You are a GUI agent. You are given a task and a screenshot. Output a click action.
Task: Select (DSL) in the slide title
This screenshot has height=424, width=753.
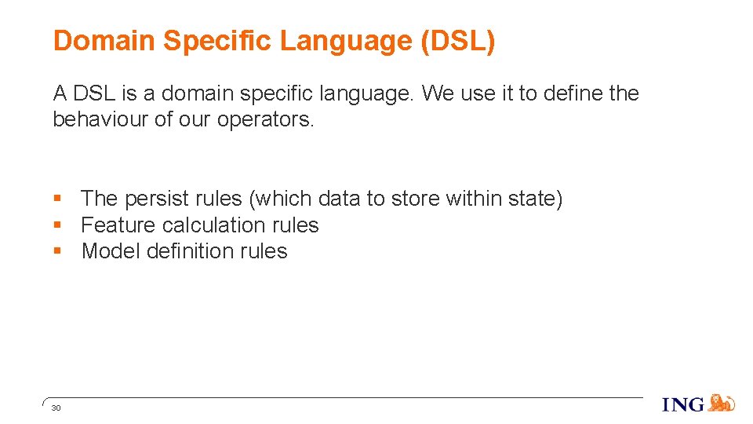tap(458, 41)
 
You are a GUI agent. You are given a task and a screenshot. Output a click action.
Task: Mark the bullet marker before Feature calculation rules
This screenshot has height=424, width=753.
tap(57, 225)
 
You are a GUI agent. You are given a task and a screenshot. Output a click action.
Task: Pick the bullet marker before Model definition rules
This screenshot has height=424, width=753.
tap(57, 251)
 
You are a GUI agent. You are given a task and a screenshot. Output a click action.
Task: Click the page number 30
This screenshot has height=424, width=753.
tap(56, 408)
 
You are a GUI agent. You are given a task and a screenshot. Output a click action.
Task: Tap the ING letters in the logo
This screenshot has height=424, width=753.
tap(683, 404)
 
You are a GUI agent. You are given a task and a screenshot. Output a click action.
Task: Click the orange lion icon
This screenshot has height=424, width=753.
tap(722, 403)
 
